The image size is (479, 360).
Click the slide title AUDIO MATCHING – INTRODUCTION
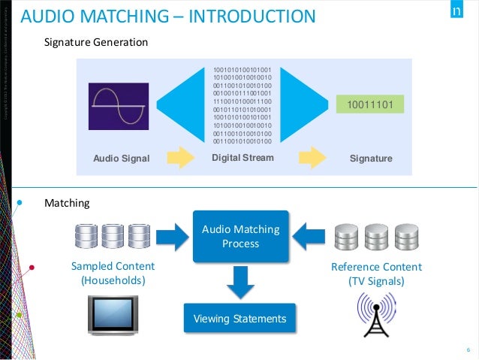click(167, 16)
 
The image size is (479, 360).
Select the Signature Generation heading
click(96, 43)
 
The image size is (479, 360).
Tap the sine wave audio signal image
click(116, 104)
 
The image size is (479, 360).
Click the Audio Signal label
click(122, 159)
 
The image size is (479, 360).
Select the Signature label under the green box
click(371, 159)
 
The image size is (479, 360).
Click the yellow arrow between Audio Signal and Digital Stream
click(181, 158)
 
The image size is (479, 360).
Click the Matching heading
click(68, 203)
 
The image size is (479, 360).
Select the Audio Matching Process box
click(240, 237)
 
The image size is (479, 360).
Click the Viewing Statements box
click(240, 319)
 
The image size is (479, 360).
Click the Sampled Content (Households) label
click(113, 274)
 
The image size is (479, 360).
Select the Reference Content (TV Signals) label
click(376, 274)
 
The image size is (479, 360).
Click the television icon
click(113, 315)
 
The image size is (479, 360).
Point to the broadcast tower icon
click(377, 316)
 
